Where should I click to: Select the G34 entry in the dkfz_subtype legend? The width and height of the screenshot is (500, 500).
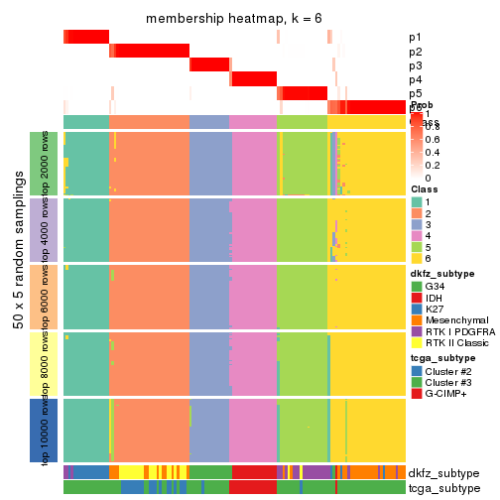[x=418, y=288]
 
